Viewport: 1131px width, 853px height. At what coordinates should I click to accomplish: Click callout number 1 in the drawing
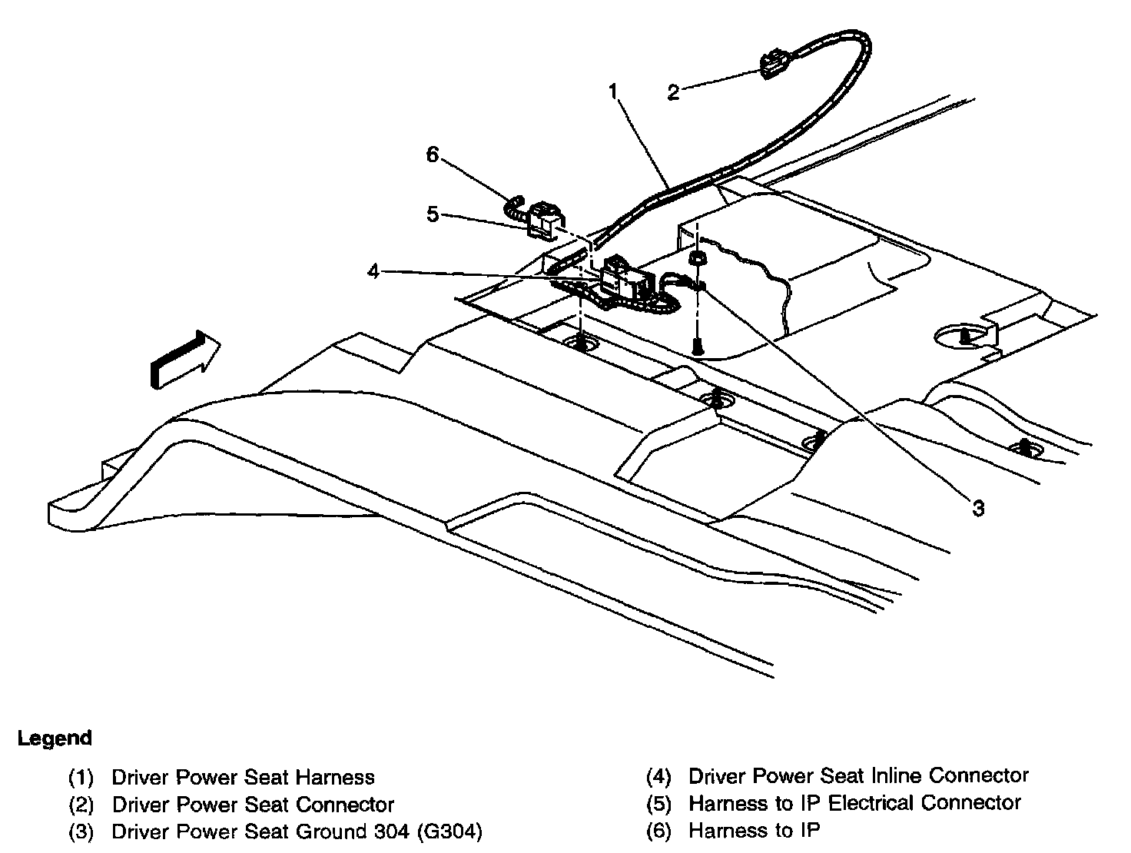click(613, 91)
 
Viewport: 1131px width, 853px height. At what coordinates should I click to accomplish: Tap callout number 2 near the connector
click(673, 93)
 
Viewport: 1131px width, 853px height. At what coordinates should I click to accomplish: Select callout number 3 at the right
click(978, 508)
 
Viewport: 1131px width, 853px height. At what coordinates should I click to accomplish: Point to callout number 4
click(373, 271)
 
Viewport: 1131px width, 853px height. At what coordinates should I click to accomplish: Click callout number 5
click(433, 214)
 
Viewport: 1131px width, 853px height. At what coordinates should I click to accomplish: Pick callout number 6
click(433, 154)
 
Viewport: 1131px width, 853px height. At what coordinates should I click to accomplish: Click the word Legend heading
click(55, 738)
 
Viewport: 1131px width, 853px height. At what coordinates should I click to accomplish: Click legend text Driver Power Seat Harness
click(243, 778)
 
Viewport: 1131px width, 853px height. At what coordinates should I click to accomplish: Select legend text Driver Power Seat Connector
click(253, 805)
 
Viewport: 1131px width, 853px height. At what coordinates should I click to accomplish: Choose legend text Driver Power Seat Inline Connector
click(858, 775)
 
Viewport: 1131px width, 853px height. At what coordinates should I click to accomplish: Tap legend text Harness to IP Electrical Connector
click(854, 803)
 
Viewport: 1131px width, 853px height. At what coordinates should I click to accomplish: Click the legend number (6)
click(659, 831)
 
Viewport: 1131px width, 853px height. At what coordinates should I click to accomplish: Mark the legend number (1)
click(81, 778)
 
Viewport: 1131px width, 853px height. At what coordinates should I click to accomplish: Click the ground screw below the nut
click(697, 347)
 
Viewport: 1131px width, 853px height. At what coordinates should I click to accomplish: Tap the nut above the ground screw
click(697, 259)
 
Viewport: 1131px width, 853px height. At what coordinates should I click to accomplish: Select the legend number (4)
click(659, 776)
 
